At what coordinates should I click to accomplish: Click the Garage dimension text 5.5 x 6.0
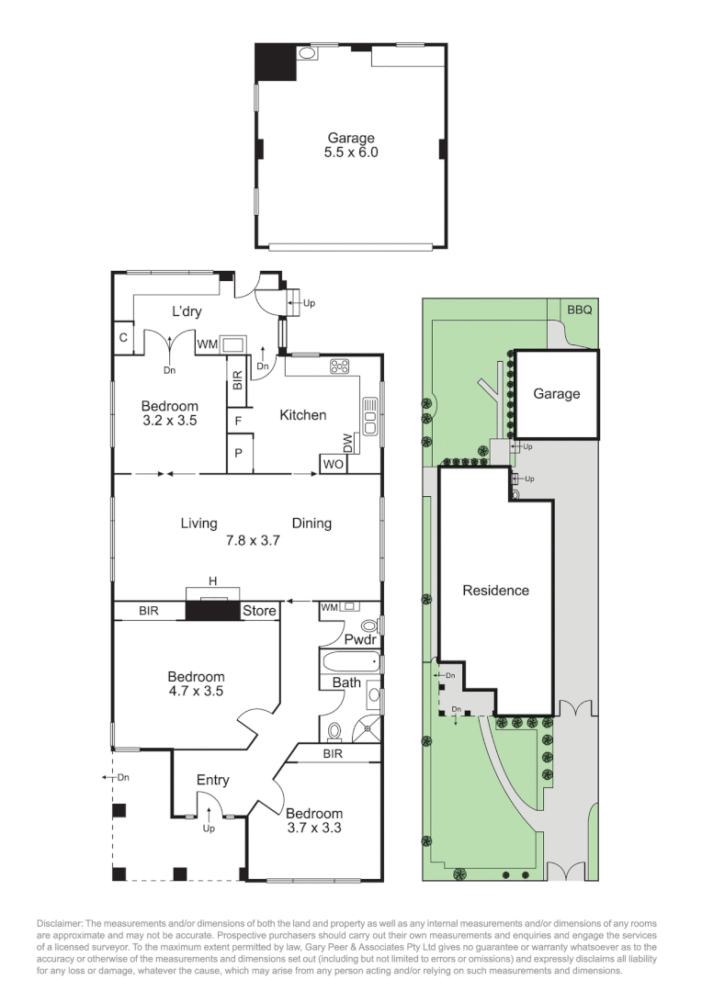[351, 153]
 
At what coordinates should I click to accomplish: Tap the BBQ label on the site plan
[579, 310]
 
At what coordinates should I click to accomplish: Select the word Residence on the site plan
[495, 591]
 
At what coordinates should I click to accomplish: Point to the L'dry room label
[187, 311]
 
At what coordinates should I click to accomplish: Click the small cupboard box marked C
[122, 337]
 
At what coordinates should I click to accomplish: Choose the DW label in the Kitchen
[347, 441]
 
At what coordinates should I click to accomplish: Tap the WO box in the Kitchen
[333, 464]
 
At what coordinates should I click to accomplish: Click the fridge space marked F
[237, 422]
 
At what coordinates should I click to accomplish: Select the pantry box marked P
[237, 453]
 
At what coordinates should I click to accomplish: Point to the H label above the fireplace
[212, 581]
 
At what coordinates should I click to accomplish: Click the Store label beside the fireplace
[259, 611]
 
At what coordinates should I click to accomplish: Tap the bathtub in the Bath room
[350, 661]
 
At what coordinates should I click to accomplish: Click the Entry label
[212, 781]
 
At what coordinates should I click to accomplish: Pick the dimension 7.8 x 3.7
[253, 541]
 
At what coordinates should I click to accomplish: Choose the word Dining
[311, 524]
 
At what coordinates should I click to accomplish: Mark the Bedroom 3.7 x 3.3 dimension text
[313, 829]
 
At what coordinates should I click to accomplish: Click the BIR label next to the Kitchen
[237, 381]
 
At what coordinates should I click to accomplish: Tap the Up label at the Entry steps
[209, 829]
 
